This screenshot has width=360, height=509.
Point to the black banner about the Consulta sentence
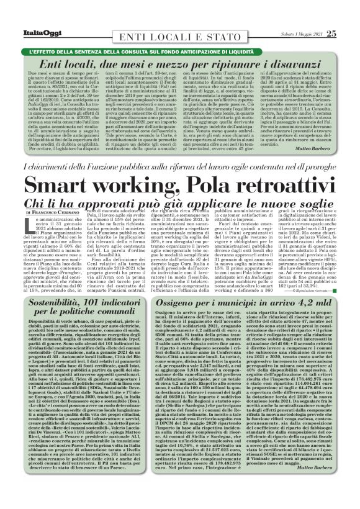[180, 32]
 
